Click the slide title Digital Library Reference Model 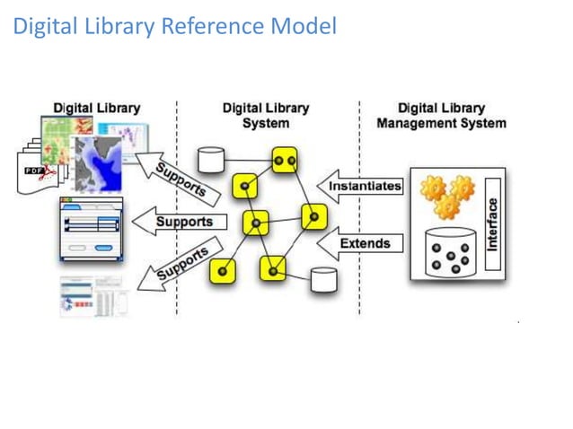point(174,27)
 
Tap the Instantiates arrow point(359,188)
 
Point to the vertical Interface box point(491,223)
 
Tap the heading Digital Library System point(266,116)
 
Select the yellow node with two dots point(285,160)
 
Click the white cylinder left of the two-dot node point(211,160)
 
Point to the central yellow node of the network point(256,221)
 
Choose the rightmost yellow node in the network point(313,216)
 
